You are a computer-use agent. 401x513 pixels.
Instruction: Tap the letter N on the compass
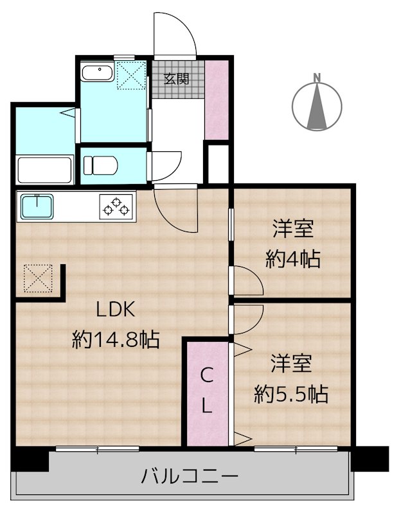[x=317, y=78]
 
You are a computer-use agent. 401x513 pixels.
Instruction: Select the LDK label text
[x=116, y=310]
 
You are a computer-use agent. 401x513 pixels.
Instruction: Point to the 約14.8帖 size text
[x=116, y=340]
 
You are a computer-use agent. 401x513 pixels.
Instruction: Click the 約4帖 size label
[x=293, y=259]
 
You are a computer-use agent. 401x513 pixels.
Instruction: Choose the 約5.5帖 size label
[x=291, y=394]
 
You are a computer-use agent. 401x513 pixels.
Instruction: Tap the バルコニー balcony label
[x=190, y=476]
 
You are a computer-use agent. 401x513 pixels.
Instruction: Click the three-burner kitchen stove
[x=117, y=206]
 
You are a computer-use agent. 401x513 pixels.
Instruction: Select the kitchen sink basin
[x=37, y=206]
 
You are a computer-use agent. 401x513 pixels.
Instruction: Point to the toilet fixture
[x=100, y=165]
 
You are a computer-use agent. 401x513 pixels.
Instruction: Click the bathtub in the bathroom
[x=45, y=170]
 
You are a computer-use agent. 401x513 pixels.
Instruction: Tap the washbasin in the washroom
[x=98, y=73]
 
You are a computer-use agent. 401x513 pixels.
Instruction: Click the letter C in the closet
[x=206, y=376]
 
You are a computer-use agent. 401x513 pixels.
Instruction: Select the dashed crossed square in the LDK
[x=39, y=278]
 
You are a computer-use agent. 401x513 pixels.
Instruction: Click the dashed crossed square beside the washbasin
[x=132, y=75]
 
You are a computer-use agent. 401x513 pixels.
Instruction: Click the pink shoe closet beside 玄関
[x=217, y=100]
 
